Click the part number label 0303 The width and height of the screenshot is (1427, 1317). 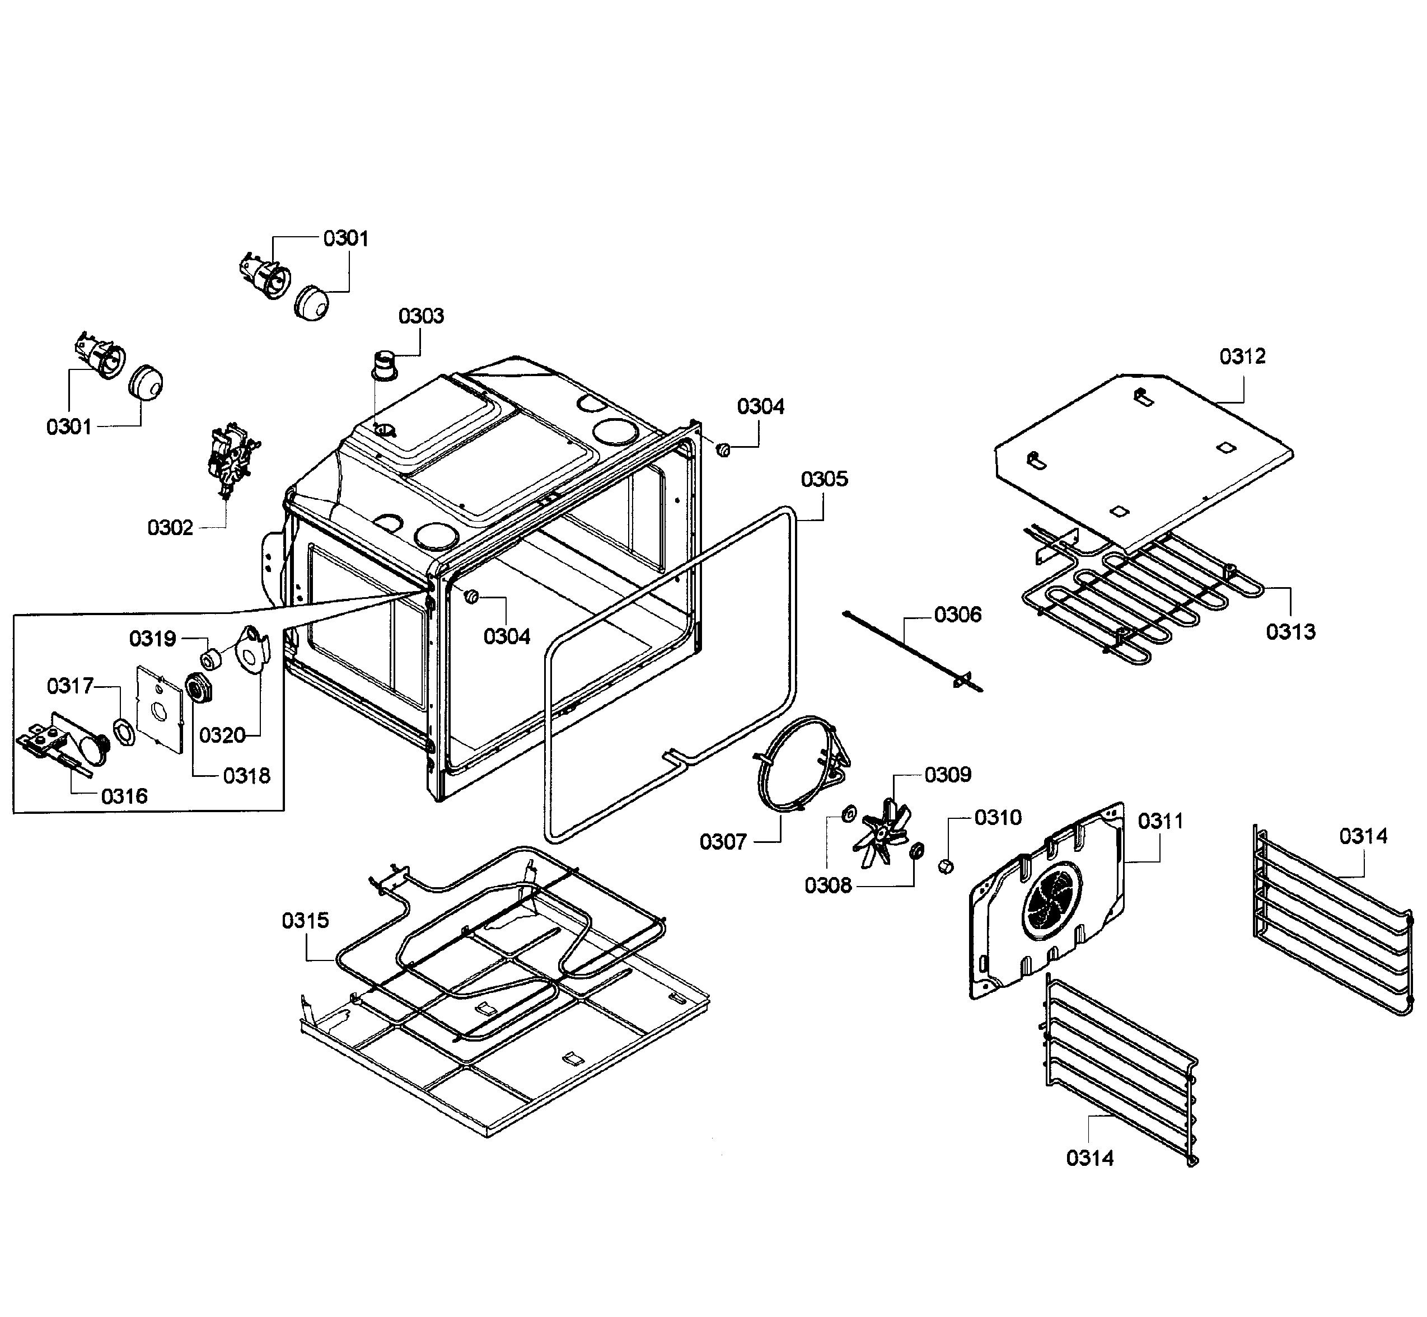(420, 316)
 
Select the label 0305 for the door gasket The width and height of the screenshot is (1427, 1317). (824, 479)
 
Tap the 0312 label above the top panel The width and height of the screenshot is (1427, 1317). (1242, 357)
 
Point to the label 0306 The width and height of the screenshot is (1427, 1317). (957, 615)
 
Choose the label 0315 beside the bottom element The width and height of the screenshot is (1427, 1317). (305, 921)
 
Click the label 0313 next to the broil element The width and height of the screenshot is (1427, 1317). (1290, 631)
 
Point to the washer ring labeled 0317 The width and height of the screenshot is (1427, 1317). (124, 733)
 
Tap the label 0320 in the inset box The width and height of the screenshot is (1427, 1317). (222, 735)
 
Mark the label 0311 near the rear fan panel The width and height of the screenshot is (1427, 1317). (1161, 821)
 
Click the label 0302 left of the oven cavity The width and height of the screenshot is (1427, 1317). (170, 528)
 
